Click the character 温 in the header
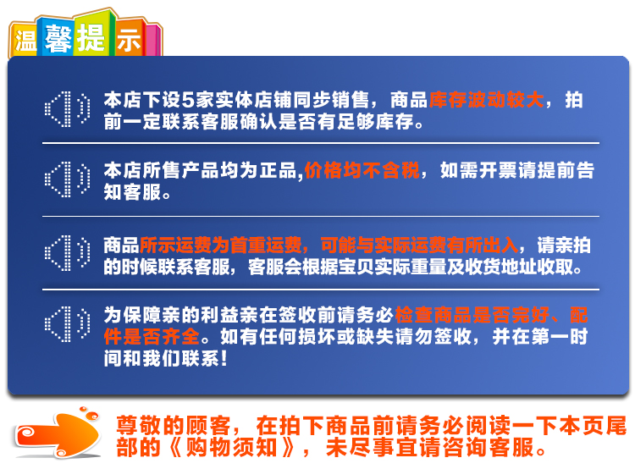(25, 41)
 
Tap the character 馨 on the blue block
(58, 38)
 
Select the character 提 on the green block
(91, 37)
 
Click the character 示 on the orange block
(129, 41)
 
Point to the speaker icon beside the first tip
(67, 109)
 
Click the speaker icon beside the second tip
(67, 179)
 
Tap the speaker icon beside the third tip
(67, 253)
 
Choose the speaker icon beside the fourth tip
(67, 324)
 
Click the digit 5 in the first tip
(188, 100)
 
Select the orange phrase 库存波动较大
(486, 100)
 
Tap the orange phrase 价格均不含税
(362, 170)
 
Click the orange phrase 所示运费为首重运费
(221, 245)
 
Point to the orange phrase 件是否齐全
(152, 337)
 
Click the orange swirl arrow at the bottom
(58, 433)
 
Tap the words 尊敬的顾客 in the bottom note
(174, 426)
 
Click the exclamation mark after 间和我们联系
(224, 358)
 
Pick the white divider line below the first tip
(321, 143)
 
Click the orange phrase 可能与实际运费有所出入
(419, 245)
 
